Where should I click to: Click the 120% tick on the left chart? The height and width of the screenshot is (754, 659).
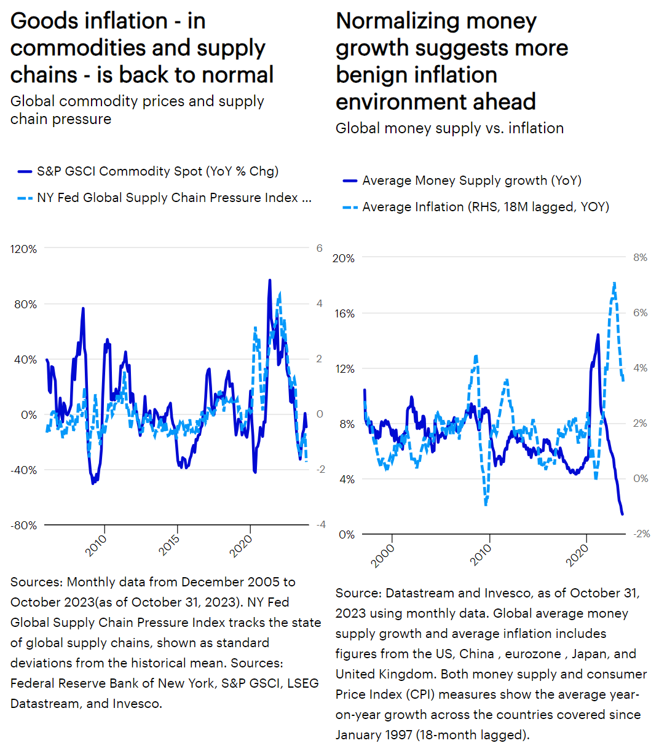[x=24, y=249]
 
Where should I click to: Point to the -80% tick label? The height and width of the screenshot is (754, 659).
[x=24, y=525]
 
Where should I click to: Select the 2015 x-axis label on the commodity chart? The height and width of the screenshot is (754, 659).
[x=169, y=545]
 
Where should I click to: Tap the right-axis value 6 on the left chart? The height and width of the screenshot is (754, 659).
[x=319, y=248]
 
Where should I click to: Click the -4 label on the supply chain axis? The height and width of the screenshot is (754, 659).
[x=320, y=524]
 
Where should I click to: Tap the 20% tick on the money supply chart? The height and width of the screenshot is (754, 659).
[x=343, y=258]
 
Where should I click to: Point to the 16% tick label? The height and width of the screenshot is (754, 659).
[x=343, y=313]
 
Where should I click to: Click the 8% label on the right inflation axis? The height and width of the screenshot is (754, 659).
[x=640, y=258]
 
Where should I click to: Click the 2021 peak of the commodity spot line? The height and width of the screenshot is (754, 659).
[x=269, y=280]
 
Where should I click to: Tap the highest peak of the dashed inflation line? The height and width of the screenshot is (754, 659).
[x=614, y=283]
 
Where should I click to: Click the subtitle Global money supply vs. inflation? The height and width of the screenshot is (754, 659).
[x=449, y=128]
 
